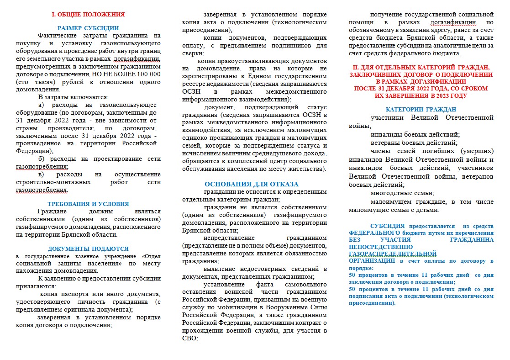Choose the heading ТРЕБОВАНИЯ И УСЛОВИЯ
tap(88, 204)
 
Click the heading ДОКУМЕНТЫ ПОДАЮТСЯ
tap(88, 249)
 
